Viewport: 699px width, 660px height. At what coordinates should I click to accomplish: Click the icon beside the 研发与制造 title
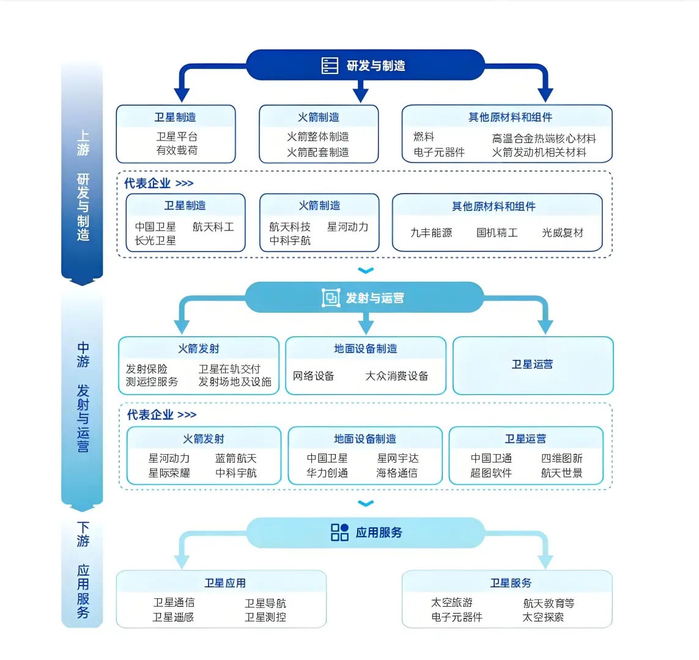coord(330,65)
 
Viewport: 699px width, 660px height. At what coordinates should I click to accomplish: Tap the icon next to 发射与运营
coord(331,298)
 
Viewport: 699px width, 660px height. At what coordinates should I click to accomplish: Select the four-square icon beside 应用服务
coord(339,532)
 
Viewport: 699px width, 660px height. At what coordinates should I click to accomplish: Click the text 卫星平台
coord(177,136)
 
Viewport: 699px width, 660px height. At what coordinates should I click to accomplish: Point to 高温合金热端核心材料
coord(544,139)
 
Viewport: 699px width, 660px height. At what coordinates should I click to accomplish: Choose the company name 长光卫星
coord(155,241)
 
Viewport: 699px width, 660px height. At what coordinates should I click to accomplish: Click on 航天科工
coord(213,227)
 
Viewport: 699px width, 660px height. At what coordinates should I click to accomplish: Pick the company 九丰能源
coord(431,233)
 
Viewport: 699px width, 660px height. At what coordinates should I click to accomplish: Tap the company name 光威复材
coord(563,233)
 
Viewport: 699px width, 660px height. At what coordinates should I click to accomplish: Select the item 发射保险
coord(147,369)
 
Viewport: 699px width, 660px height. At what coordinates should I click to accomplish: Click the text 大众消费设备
coord(397,376)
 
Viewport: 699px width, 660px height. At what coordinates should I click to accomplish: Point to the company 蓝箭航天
coord(236,458)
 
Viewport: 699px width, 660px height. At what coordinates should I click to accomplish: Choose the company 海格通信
coord(397,473)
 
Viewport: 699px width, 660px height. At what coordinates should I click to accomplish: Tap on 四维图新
coord(561,458)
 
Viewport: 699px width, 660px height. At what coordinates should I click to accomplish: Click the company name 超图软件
coord(491,473)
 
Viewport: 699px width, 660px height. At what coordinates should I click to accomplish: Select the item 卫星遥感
coord(173,617)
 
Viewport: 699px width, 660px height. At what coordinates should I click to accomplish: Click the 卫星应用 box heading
coord(225,583)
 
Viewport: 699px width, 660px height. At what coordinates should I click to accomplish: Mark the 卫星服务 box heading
coord(511,583)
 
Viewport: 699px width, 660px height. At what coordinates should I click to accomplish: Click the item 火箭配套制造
coord(318,152)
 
